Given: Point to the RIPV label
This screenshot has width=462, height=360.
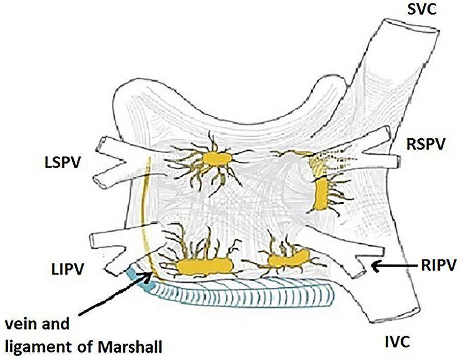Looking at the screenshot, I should [x=439, y=266].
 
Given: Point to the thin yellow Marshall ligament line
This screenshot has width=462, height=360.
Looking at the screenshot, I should [x=142, y=217].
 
